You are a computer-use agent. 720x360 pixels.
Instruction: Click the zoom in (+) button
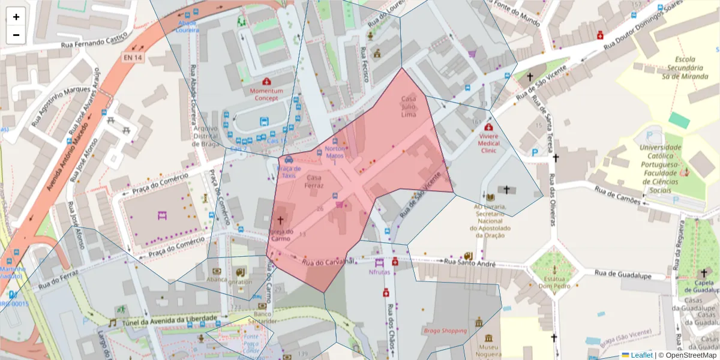16,17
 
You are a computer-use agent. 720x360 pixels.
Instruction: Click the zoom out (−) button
16,35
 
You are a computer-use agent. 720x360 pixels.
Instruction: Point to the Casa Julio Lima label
409,106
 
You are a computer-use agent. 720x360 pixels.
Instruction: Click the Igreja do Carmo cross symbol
280,221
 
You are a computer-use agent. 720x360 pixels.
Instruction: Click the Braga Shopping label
445,331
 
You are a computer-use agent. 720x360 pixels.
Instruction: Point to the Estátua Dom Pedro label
553,282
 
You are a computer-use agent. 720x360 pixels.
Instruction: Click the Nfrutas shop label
379,271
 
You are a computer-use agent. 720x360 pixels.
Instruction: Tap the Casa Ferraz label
314,182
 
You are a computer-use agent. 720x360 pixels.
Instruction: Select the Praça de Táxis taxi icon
289,160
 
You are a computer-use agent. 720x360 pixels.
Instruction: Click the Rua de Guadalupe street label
623,274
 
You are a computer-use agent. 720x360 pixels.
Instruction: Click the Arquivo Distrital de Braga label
205,136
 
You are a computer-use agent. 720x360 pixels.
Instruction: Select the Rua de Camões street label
618,194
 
